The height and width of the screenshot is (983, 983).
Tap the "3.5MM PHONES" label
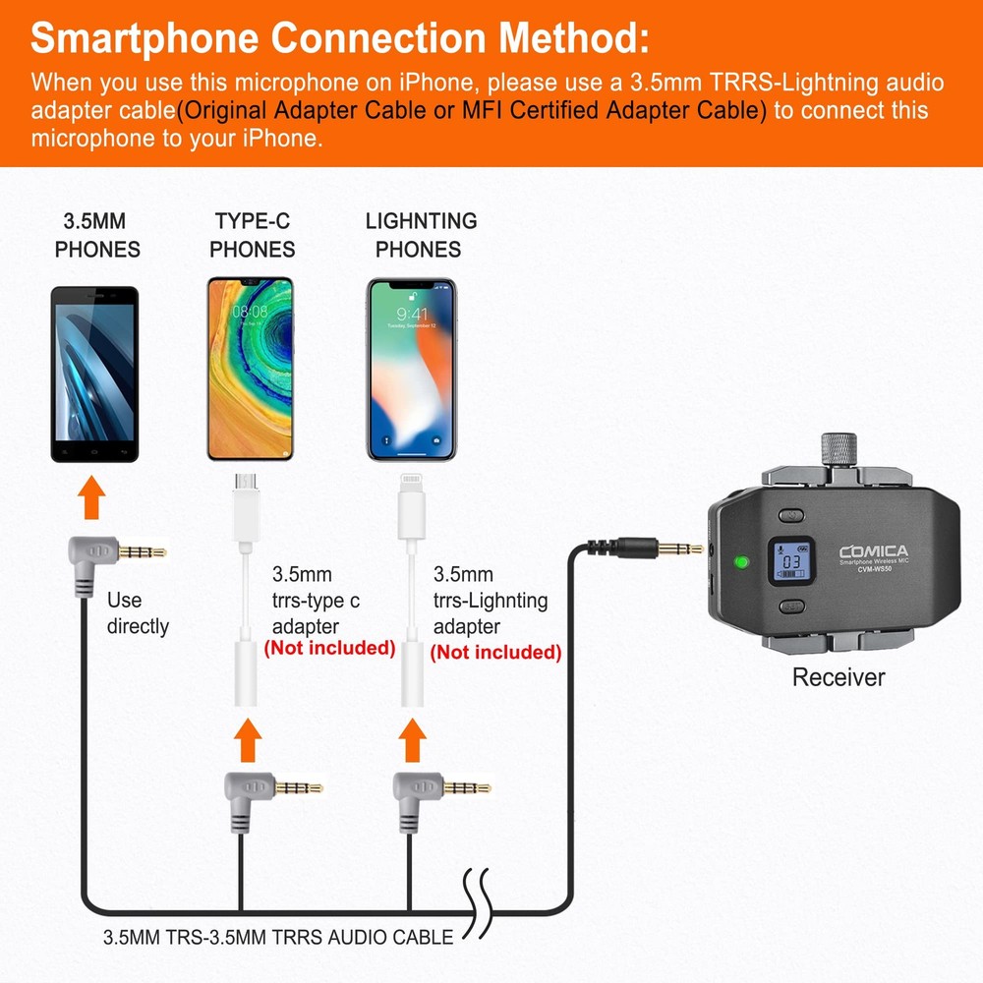tap(96, 235)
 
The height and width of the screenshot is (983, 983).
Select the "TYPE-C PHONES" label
tap(252, 235)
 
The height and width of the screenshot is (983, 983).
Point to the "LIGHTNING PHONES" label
tap(420, 235)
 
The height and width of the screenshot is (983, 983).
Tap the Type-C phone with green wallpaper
tap(250, 369)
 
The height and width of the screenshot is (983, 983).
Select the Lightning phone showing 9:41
tap(412, 369)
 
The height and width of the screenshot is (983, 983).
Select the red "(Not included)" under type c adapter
tap(329, 649)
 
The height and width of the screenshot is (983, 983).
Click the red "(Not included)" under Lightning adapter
tap(495, 652)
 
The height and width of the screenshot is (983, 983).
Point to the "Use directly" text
tap(137, 613)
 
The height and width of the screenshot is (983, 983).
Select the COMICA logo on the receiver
tap(873, 551)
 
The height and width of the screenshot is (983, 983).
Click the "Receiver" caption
tap(838, 677)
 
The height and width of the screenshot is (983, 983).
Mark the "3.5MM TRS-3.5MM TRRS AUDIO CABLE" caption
tap(278, 937)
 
